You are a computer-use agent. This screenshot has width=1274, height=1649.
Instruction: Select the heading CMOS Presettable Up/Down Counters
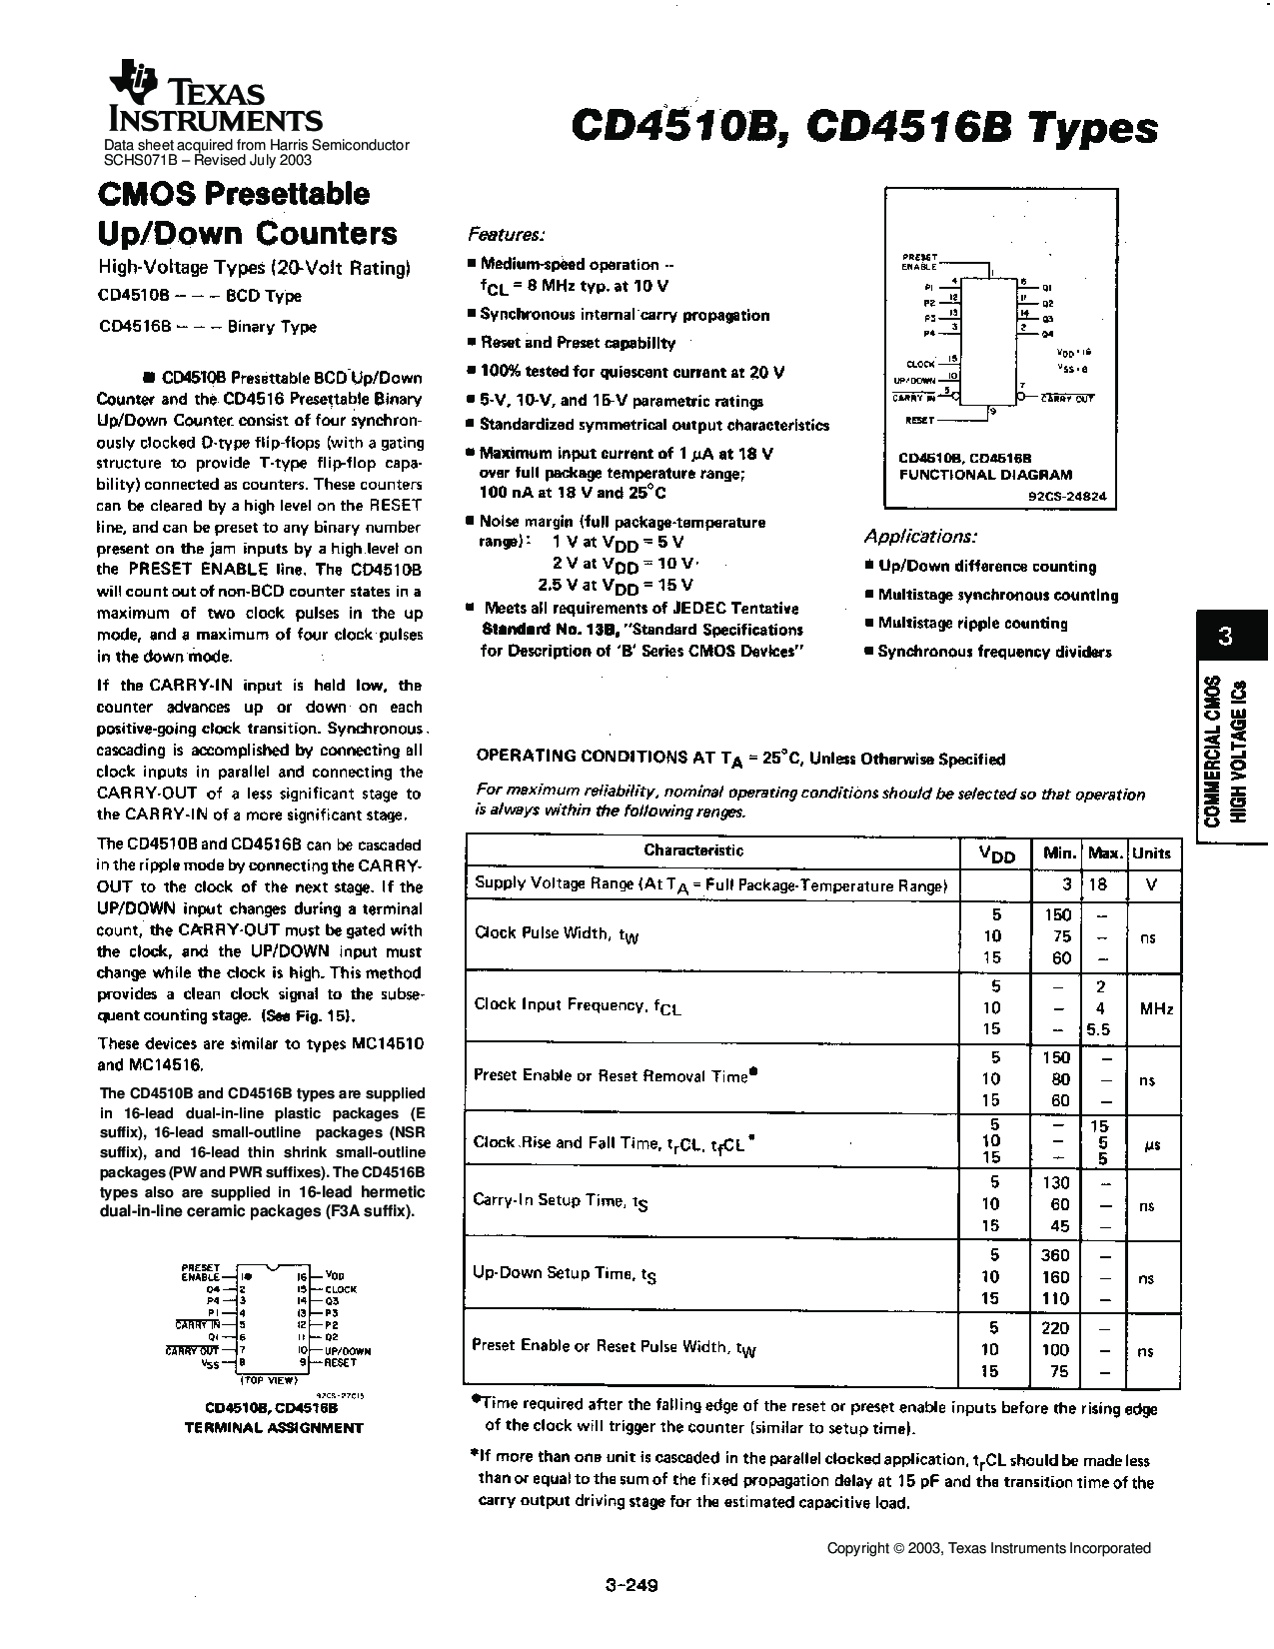click(x=247, y=213)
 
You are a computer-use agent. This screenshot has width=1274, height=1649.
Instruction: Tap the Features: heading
click(x=507, y=234)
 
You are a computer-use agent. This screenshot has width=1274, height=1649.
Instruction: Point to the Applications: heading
click(x=920, y=536)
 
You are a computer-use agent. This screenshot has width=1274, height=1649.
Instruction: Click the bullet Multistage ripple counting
click(x=972, y=623)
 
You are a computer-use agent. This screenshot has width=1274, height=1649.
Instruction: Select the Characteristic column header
click(x=693, y=850)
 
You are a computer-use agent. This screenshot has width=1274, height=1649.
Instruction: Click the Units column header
click(x=1151, y=852)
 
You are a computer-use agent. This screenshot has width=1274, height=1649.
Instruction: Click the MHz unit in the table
click(x=1156, y=1008)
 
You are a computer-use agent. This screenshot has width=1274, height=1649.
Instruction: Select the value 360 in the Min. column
click(x=1055, y=1255)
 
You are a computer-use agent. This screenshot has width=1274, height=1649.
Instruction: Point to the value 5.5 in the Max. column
click(x=1099, y=1029)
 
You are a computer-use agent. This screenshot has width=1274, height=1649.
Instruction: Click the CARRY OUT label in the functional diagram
click(x=1068, y=398)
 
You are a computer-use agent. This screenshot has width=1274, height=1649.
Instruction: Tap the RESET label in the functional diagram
click(x=919, y=421)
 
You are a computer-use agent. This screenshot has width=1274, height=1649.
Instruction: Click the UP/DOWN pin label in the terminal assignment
click(x=348, y=1350)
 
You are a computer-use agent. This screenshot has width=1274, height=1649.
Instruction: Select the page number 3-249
click(x=632, y=1584)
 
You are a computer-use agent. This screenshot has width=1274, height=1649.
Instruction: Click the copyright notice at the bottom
click(x=988, y=1548)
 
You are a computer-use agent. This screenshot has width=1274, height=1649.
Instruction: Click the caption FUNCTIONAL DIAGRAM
click(x=985, y=475)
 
